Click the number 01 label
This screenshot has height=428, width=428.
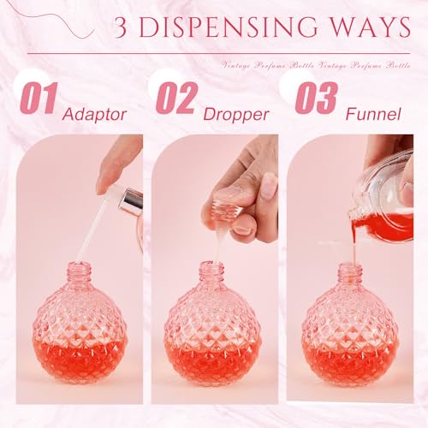(x=39, y=99)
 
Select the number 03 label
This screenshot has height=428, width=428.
(x=316, y=98)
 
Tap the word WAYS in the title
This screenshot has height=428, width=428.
(x=369, y=28)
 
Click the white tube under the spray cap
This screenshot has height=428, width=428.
(x=90, y=231)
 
